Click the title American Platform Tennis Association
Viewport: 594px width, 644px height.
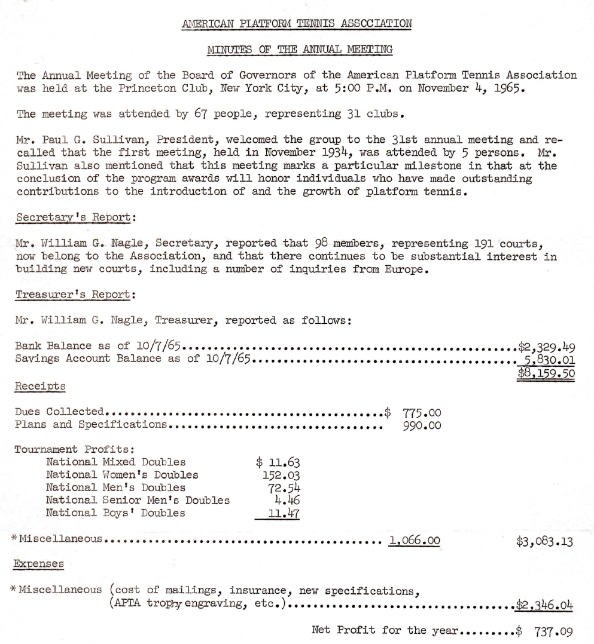[296, 24]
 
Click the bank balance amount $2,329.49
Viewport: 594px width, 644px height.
[546, 346]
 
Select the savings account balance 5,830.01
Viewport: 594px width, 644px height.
[550, 359]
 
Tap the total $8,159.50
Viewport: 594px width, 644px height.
[546, 373]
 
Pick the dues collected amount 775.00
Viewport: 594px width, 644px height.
[422, 412]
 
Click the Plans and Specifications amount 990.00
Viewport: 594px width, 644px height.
[422, 425]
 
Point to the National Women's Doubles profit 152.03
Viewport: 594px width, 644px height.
[277, 475]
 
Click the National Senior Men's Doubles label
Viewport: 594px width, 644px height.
[138, 500]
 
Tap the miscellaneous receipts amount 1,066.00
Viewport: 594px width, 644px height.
[415, 541]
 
